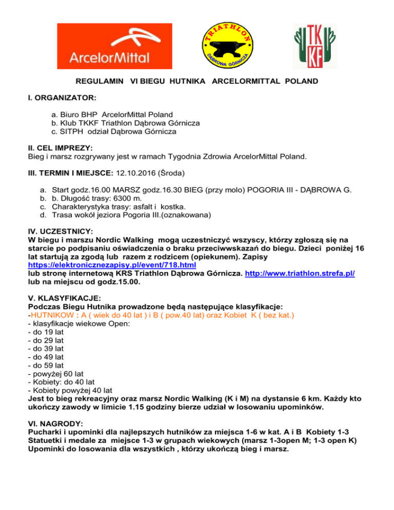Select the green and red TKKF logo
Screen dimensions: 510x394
pos(311,46)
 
